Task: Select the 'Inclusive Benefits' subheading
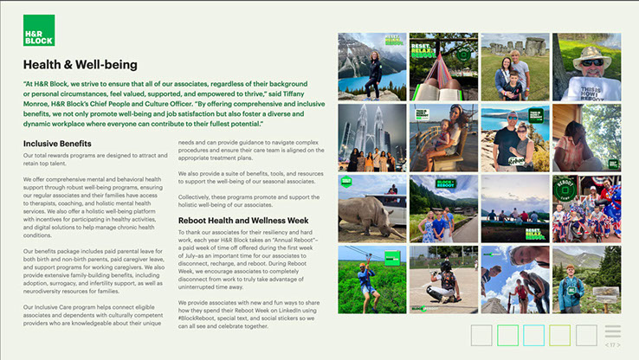point(57,143)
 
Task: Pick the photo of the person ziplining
point(370,277)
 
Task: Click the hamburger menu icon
point(612,331)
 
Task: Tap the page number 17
point(612,344)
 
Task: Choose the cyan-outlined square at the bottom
point(533,335)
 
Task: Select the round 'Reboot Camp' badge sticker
point(564,189)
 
